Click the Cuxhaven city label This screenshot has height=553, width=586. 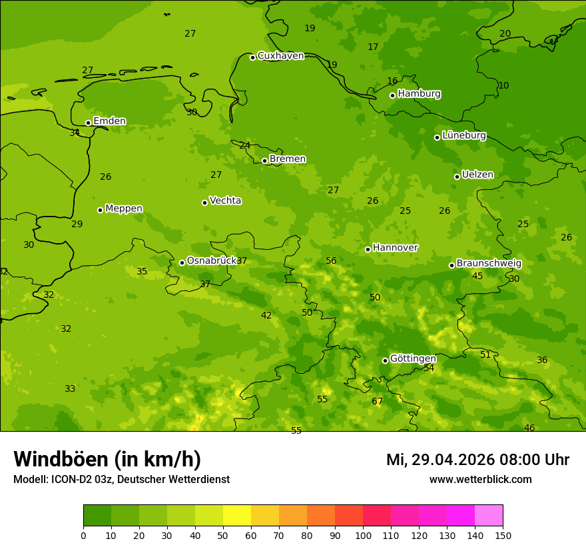(280, 56)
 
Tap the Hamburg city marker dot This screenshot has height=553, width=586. (392, 95)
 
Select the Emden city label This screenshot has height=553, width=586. (109, 121)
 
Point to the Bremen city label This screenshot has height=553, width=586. (288, 159)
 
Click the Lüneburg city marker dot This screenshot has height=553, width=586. (437, 137)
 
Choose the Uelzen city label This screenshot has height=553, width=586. (477, 175)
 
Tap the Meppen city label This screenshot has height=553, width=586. (124, 209)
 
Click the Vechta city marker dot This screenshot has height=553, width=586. (204, 203)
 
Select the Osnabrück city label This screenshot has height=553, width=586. (212, 261)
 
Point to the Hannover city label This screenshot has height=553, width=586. (395, 248)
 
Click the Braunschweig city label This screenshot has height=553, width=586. (489, 264)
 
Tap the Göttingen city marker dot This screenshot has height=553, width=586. (385, 360)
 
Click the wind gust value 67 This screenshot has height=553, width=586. (378, 401)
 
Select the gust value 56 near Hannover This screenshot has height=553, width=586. (331, 261)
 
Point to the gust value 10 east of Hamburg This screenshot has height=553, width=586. (503, 85)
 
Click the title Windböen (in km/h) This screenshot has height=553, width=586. (107, 459)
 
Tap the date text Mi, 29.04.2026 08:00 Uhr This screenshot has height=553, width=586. (477, 460)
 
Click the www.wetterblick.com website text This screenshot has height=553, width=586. (480, 480)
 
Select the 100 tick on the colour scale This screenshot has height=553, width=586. (363, 535)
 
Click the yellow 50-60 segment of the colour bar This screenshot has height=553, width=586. (237, 516)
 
